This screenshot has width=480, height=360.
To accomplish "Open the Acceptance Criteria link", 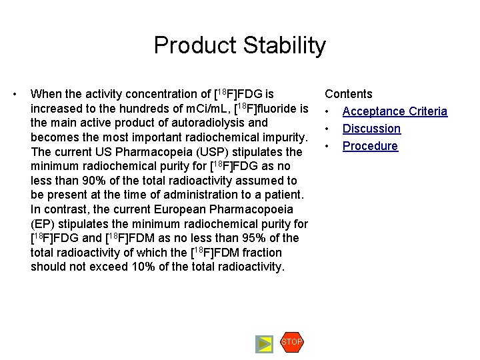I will [395, 111].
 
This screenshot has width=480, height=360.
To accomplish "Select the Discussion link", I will [371, 129].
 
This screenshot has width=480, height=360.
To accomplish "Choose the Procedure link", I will [370, 146].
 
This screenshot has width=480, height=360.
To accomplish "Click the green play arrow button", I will [265, 344].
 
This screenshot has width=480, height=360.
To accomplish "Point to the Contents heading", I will [349, 94].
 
